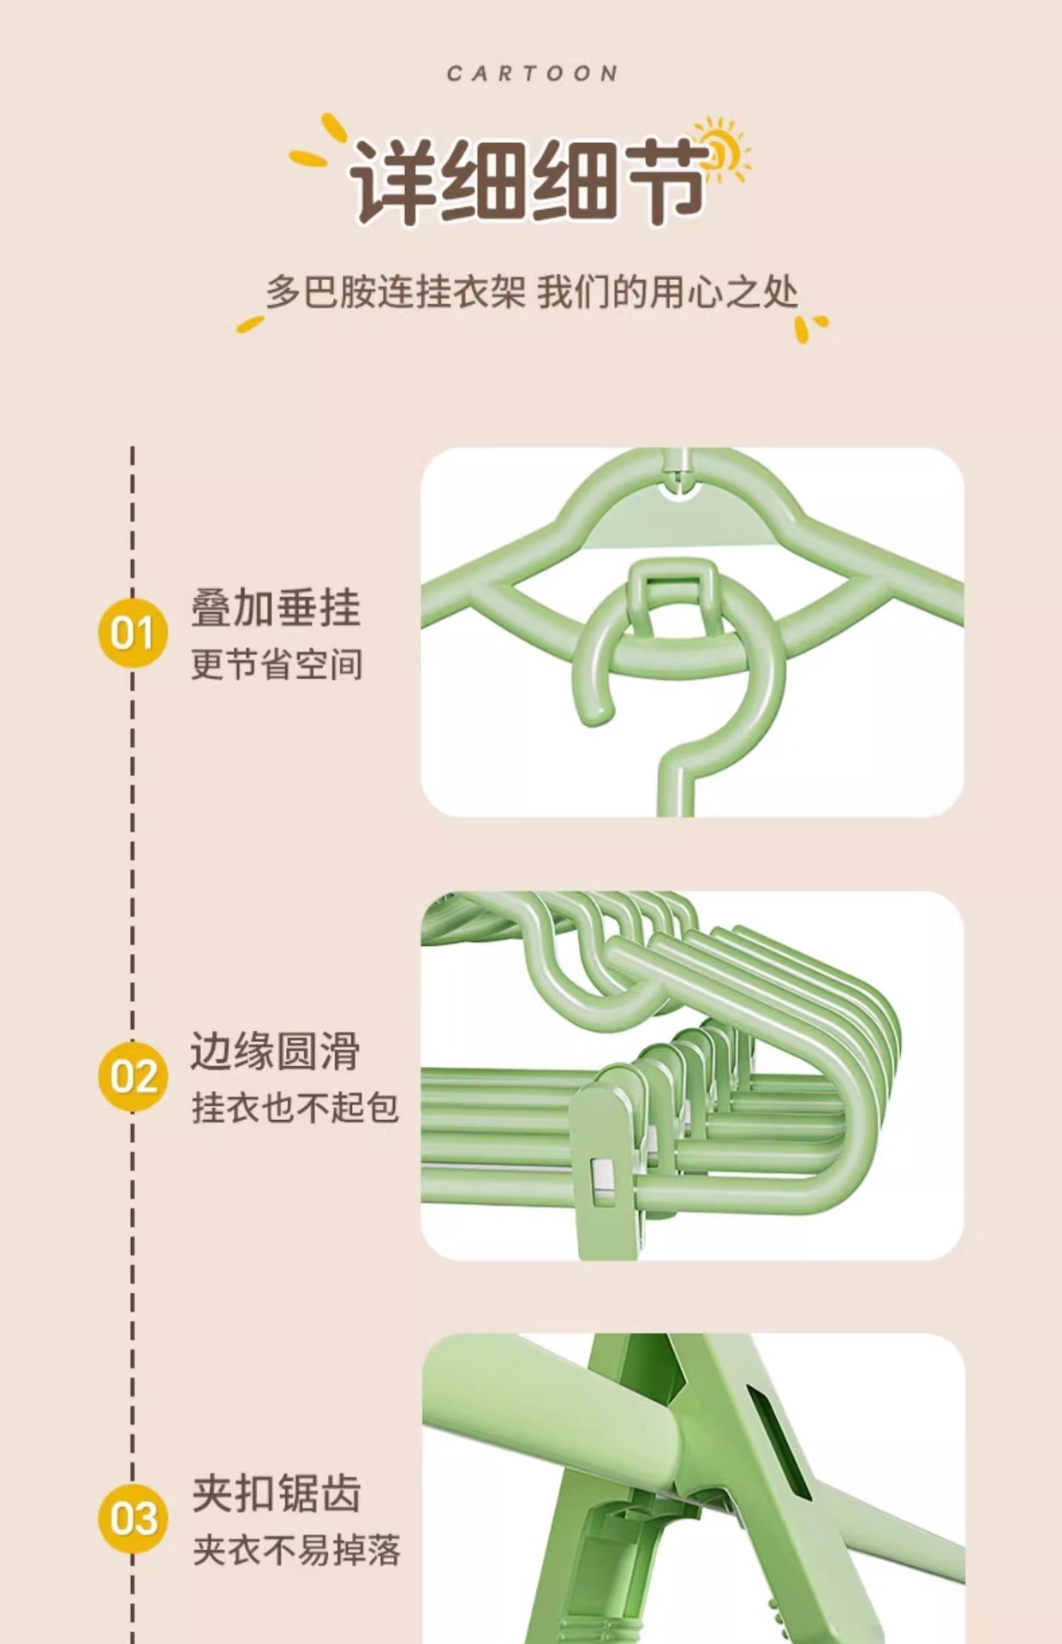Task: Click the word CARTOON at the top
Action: pos(532,74)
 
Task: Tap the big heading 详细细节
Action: pos(528,180)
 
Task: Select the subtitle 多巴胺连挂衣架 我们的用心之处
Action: pos(531,293)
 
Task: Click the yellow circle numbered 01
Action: pos(133,633)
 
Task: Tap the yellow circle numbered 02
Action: pos(133,1076)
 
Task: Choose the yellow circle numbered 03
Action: pos(133,1518)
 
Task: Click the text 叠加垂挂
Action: pos(275,608)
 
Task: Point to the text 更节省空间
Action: pos(277,664)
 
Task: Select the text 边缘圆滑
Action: pos(275,1051)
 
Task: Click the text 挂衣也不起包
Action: pos(295,1108)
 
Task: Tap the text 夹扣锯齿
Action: pos(276,1494)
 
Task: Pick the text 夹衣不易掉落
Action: pos(295,1551)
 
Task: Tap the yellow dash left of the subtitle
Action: pos(250,324)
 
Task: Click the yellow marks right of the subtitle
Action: pos(809,327)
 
